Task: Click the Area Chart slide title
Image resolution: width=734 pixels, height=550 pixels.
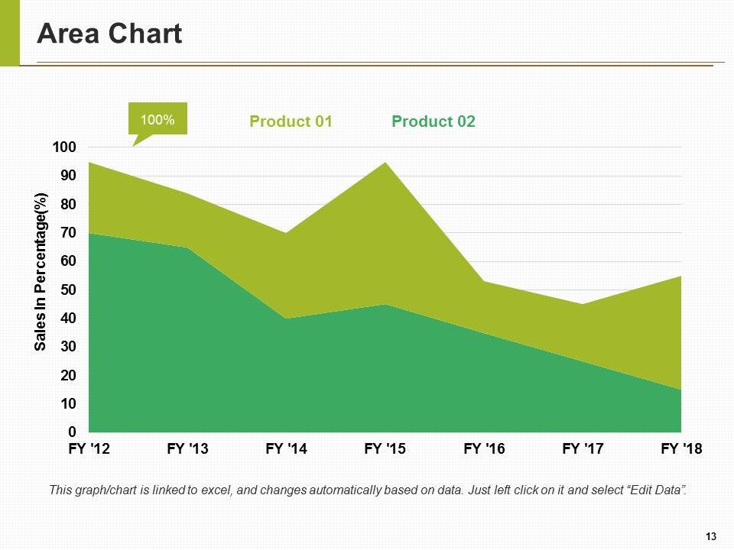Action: click(109, 34)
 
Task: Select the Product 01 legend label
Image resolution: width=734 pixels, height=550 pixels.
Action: click(291, 121)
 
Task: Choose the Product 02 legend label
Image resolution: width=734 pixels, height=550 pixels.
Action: click(433, 121)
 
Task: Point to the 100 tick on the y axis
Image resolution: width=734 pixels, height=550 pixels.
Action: click(66, 147)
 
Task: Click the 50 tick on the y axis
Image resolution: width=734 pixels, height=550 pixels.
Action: click(69, 290)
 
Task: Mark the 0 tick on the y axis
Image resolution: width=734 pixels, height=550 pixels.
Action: click(73, 432)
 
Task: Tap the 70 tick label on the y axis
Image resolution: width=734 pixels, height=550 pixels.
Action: click(69, 232)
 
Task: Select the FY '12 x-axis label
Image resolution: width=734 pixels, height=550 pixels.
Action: click(89, 450)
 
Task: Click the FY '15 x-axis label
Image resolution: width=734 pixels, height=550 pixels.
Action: click(385, 450)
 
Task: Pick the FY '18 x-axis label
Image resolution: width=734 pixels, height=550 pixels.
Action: click(681, 450)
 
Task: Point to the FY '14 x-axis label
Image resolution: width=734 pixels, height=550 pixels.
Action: click(286, 450)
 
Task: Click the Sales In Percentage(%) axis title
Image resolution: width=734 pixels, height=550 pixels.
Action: click(41, 272)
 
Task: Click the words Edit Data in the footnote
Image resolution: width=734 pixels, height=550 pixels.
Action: click(658, 490)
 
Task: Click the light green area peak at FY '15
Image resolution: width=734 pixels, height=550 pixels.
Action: click(385, 163)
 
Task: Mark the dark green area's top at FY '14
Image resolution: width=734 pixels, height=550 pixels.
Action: click(286, 319)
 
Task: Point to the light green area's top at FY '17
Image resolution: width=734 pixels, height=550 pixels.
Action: click(583, 305)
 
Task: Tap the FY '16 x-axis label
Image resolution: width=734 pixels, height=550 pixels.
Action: click(484, 450)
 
